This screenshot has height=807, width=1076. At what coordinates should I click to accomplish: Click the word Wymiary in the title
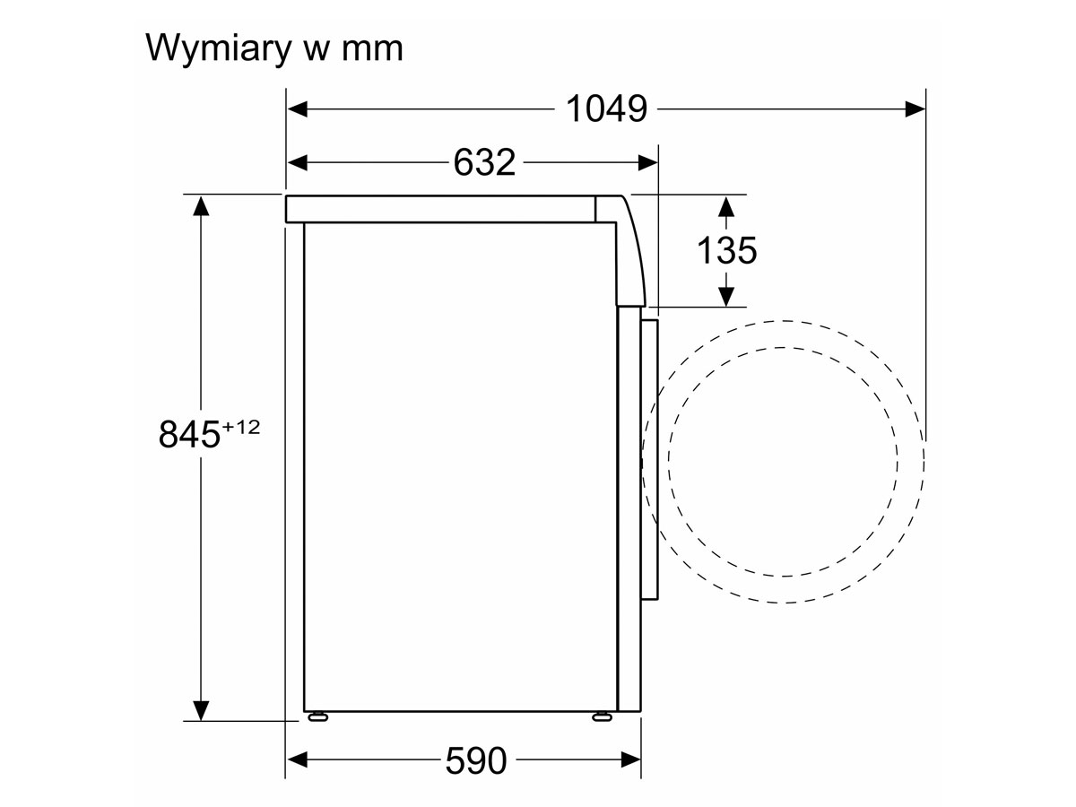point(219,49)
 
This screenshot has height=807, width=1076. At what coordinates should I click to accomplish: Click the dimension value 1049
point(606,108)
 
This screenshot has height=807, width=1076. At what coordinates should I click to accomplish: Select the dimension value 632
point(484,162)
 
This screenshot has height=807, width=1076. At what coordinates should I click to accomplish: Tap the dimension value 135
point(726,250)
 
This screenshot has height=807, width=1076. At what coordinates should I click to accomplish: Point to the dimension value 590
point(475,760)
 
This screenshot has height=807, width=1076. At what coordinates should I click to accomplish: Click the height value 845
point(189,434)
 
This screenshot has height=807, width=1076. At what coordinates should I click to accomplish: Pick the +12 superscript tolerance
point(240,428)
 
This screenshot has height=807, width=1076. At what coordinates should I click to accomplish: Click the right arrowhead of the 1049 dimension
point(915,108)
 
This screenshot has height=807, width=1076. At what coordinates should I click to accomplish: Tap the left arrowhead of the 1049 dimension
point(297,108)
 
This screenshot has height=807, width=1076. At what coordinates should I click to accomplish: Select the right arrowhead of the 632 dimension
point(647,162)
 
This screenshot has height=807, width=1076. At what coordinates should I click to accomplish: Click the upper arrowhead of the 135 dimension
point(726,206)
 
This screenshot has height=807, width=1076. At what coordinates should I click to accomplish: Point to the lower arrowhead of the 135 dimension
point(726,297)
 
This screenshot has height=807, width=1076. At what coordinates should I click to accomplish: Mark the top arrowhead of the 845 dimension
point(201,206)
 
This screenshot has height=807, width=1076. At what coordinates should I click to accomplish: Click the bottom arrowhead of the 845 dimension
point(201,711)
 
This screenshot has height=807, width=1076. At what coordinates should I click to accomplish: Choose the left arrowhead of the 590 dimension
point(297,760)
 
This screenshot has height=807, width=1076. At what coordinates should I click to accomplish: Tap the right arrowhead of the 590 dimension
point(631,760)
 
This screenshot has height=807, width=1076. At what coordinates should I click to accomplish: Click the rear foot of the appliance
point(317,716)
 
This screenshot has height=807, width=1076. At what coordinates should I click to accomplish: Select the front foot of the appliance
point(602,716)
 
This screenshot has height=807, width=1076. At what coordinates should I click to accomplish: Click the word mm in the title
point(372,49)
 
